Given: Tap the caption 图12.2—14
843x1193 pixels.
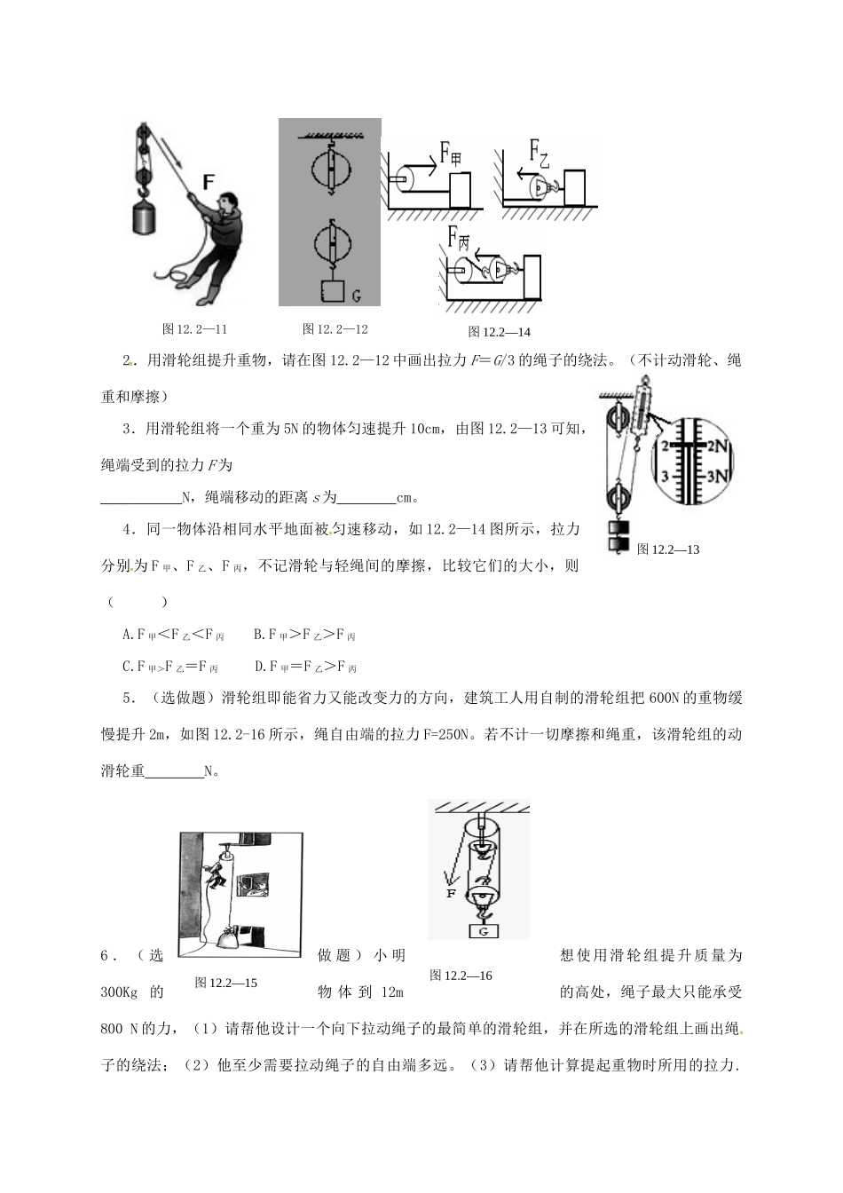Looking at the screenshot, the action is pos(500,332).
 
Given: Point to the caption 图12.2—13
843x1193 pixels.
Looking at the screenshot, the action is pos(668,549).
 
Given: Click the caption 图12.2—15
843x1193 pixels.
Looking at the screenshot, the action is pos(225,983).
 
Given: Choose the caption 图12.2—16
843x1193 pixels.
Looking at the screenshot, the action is pos(461,976).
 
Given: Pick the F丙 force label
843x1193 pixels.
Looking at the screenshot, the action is pos(458,237).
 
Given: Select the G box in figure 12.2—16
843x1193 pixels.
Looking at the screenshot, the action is pos(483,931).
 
